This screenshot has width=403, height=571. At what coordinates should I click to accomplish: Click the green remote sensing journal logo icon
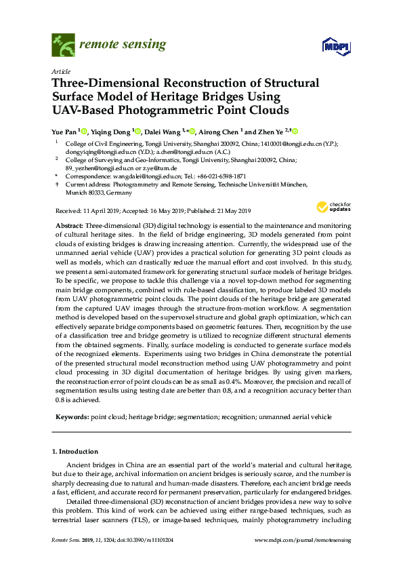coord(63,45)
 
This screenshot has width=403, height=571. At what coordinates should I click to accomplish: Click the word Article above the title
coord(62,71)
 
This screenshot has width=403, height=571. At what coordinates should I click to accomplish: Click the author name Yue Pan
coord(64,132)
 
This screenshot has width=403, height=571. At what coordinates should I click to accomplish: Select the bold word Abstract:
coord(70,224)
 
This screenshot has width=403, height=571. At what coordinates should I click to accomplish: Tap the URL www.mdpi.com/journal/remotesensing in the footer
coord(301,539)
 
